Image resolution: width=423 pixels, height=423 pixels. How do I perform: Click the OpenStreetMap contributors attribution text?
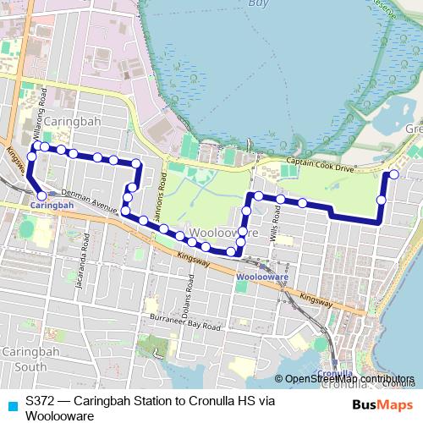(x=349, y=379)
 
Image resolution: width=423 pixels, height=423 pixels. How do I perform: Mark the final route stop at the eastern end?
(x=393, y=175)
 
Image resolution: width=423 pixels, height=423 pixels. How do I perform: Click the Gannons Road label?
(x=162, y=194)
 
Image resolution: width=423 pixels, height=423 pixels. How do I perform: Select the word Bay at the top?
(x=257, y=3)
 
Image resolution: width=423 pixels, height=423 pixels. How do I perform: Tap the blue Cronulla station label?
(x=326, y=373)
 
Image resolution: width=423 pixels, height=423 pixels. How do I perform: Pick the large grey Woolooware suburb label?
(x=218, y=231)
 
